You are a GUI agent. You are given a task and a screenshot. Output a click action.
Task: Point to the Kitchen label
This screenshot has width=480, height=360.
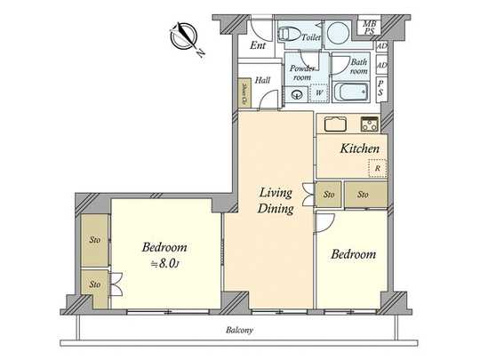tap(361, 148)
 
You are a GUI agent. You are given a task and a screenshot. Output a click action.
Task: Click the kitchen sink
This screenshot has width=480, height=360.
tap(335, 123)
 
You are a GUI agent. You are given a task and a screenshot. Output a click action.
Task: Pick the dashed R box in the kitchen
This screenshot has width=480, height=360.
tap(377, 167)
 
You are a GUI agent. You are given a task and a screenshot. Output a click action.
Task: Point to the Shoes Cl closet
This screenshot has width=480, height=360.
tap(244, 92)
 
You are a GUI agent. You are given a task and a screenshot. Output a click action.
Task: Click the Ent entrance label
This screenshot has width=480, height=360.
tap(259, 46)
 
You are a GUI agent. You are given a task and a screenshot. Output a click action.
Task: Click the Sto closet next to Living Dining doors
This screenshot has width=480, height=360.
tap(328, 193)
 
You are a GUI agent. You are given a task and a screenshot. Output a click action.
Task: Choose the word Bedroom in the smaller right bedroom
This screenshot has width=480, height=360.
tap(353, 254)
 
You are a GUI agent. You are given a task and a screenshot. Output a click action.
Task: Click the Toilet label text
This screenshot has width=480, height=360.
tap(310, 38)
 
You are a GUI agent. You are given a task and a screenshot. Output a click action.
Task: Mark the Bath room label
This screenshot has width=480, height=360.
tap(359, 67)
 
